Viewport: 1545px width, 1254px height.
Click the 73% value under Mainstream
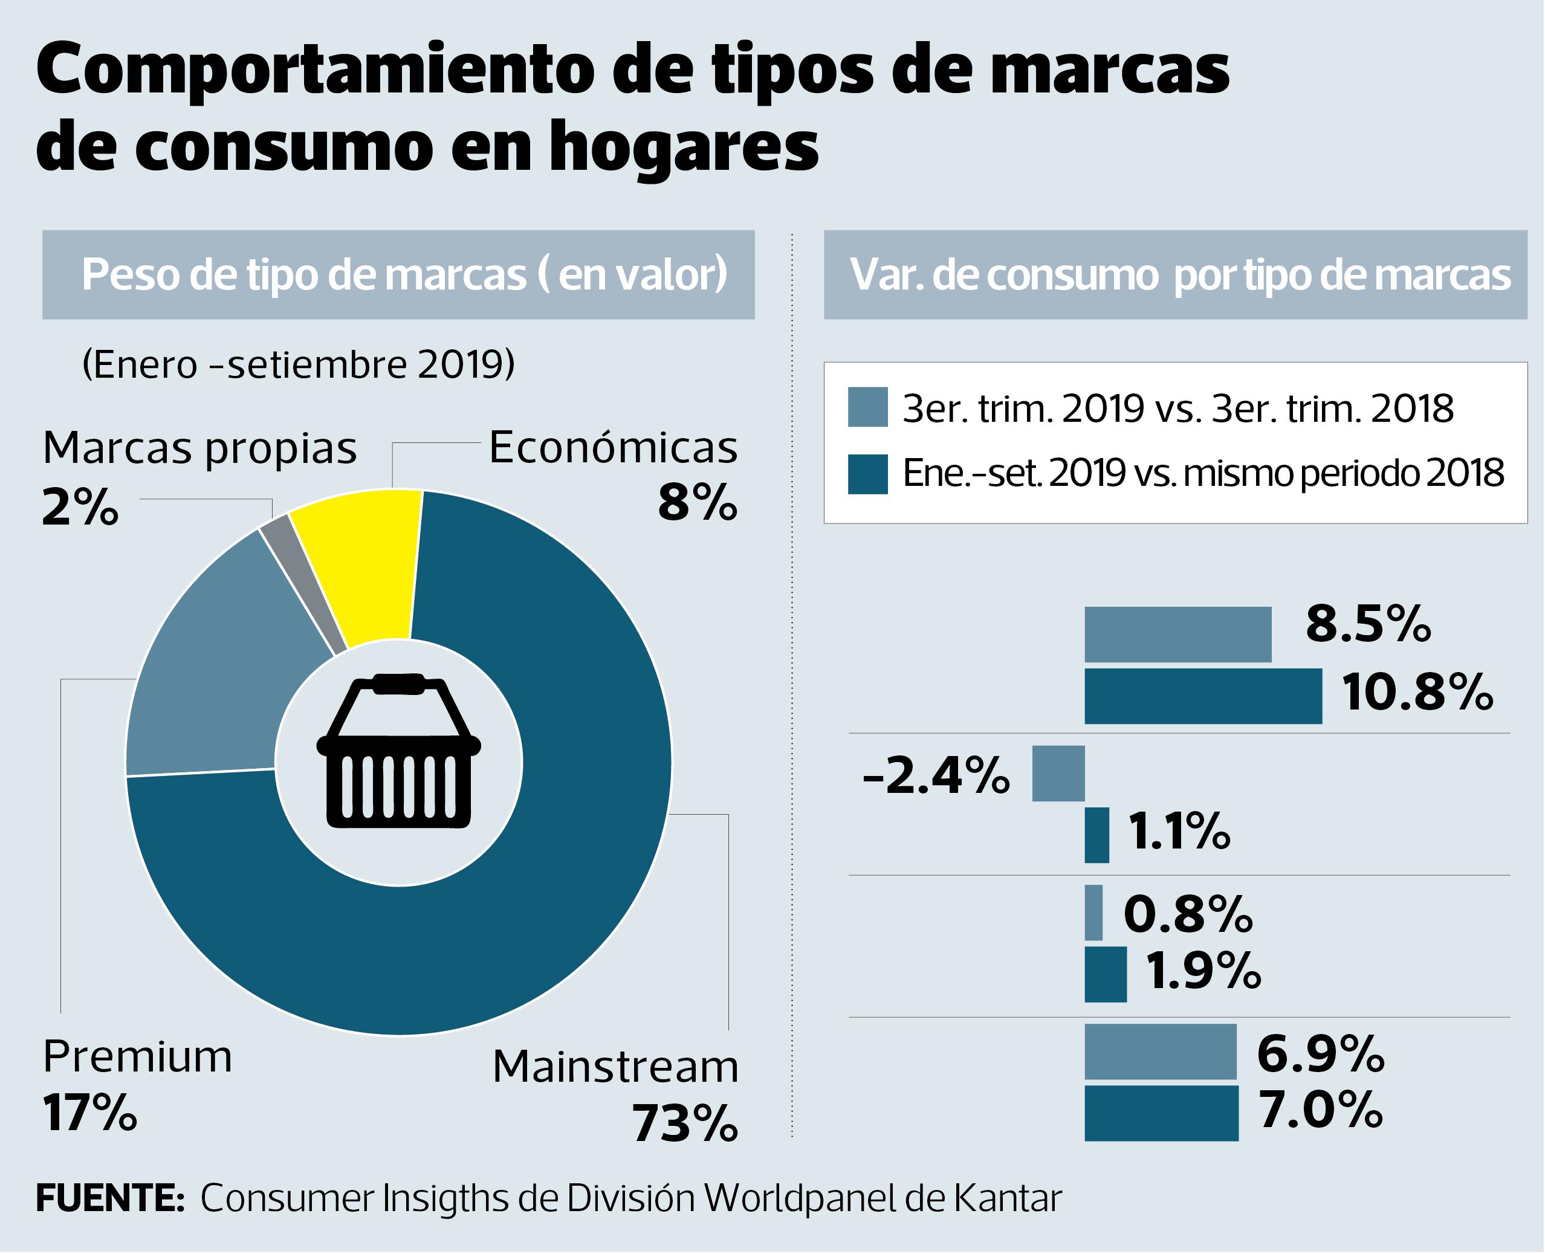[x=685, y=1124]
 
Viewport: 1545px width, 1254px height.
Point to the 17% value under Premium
[x=89, y=1113]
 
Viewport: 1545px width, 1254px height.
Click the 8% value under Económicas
[x=697, y=503]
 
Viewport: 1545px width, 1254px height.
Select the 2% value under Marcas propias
[x=79, y=508]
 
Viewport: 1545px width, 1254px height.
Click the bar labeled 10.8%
[x=1203, y=696]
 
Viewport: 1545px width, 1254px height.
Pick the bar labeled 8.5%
[x=1177, y=634]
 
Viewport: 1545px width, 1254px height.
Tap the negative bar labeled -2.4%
[x=1058, y=773]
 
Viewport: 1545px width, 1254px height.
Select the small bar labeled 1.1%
[x=1096, y=835]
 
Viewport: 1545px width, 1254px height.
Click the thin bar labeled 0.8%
[x=1093, y=913]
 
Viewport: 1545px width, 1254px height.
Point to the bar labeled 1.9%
[x=1105, y=974]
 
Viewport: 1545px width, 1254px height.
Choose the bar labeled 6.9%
[x=1160, y=1051]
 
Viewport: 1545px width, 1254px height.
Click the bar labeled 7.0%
[x=1161, y=1113]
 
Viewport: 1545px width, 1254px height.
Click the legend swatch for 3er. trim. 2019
[x=867, y=407]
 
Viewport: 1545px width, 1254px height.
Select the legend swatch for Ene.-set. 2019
[x=867, y=474]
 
